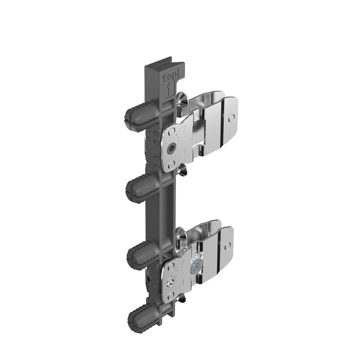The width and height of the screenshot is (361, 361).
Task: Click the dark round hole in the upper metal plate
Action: click(172, 148)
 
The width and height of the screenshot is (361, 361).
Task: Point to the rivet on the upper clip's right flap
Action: click(231, 118)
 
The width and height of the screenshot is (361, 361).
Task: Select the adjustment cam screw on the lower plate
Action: click(170, 282)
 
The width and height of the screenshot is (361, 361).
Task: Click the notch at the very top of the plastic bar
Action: click(164, 62)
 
